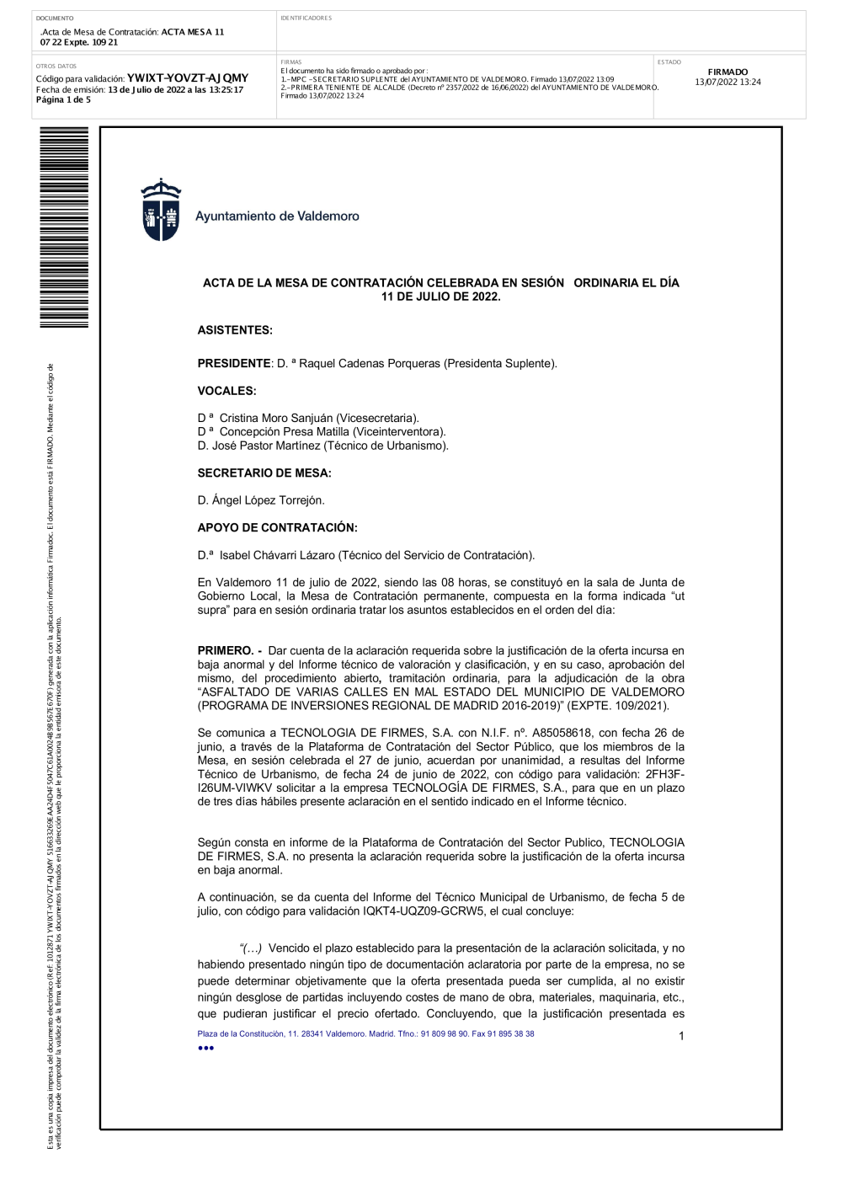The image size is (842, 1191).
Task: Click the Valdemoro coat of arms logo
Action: point(161,211)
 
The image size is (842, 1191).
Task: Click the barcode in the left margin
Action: point(64,227)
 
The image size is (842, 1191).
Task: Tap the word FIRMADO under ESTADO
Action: point(727,72)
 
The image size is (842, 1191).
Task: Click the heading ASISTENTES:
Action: point(235,330)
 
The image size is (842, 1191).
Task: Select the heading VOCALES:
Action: point(226,391)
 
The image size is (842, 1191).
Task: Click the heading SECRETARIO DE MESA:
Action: point(264,473)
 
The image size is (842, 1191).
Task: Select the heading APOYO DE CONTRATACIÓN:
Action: point(277,528)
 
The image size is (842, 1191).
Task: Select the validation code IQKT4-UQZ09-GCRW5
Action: point(424,911)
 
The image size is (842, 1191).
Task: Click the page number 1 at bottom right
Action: point(681,1036)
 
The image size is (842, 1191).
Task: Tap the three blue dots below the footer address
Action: point(205,1048)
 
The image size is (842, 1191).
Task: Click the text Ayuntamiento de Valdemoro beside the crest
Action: point(277,216)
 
